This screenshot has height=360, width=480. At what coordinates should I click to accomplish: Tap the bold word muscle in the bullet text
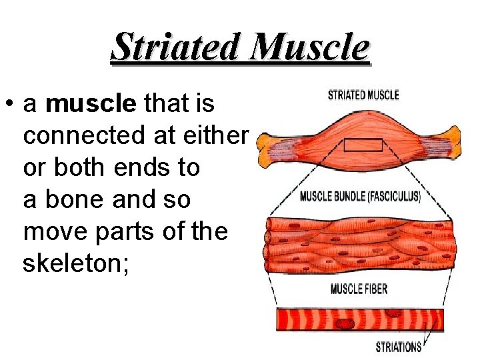pos(91,104)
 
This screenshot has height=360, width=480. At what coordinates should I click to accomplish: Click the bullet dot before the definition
pos(9,105)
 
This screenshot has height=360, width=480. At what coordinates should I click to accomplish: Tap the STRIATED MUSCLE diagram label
pos(363,95)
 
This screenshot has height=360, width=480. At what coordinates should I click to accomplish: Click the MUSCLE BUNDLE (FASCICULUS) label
pos(360,197)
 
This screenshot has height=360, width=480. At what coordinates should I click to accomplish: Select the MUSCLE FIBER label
pos(359,289)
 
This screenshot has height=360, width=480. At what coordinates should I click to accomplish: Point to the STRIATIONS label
pos(399,347)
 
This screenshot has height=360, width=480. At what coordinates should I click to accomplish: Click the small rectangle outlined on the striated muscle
pos(363,145)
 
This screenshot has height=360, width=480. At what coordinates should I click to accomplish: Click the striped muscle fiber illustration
pos(360,319)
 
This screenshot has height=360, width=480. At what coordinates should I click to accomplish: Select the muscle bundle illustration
pos(360,245)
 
